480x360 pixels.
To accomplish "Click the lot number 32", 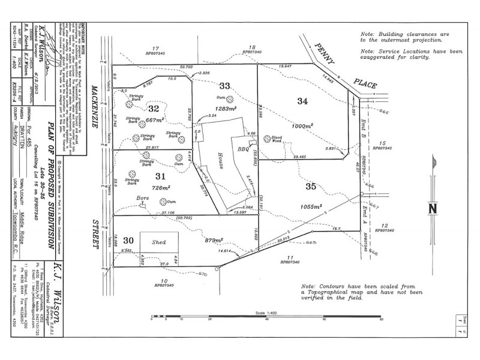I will click(154, 109).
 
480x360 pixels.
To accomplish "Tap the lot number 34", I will click(303, 101).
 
